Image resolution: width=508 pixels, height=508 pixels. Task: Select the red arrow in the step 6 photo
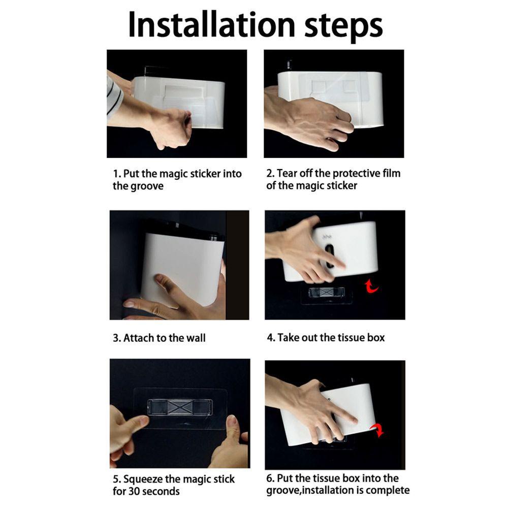[378, 430]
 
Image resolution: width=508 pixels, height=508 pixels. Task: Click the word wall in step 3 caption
[196, 338]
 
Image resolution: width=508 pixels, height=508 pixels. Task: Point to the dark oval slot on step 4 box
[330, 256]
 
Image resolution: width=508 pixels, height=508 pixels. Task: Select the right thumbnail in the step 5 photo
[231, 421]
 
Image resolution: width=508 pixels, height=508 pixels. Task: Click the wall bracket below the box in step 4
[326, 293]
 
